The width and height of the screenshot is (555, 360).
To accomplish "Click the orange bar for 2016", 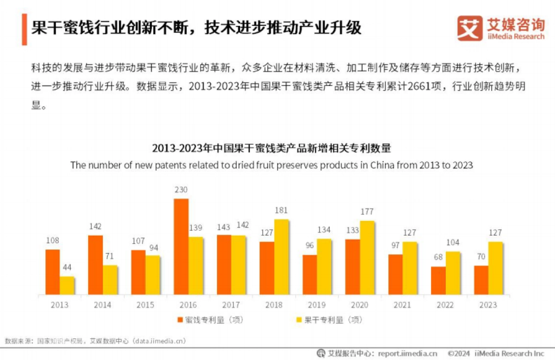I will [x=181, y=247].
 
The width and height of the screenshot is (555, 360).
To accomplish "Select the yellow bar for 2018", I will [x=281, y=257].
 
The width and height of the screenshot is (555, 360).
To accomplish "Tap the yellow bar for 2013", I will [x=67, y=286].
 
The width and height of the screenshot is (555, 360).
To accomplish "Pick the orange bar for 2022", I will [x=438, y=281].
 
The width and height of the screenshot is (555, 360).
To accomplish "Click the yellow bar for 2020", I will [x=367, y=258].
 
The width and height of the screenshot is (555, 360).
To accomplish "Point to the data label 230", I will [x=181, y=190].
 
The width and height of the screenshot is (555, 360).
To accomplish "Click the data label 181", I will [x=281, y=211].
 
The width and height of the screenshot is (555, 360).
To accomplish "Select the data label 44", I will [x=68, y=268].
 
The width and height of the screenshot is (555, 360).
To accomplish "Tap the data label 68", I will [x=438, y=258].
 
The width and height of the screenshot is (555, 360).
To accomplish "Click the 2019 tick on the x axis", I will [x=317, y=305].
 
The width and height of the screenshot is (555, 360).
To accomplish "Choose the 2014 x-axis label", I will [x=102, y=305].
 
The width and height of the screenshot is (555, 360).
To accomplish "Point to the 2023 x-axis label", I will [x=488, y=305].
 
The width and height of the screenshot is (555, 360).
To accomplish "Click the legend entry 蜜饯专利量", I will [x=210, y=320].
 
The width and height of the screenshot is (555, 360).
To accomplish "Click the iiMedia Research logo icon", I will [x=469, y=28].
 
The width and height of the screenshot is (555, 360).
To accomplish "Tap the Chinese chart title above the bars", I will [x=271, y=148].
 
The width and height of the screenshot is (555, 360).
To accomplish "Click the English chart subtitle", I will [x=271, y=165].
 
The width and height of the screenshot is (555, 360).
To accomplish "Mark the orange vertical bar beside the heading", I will [x=24, y=29].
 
